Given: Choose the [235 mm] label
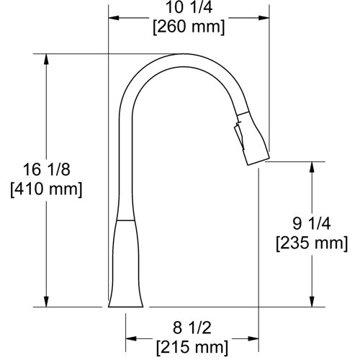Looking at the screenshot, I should click(x=311, y=243).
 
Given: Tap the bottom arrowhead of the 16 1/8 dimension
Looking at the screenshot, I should click(x=48, y=302).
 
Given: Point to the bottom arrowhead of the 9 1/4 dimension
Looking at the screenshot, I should click(x=312, y=302).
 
